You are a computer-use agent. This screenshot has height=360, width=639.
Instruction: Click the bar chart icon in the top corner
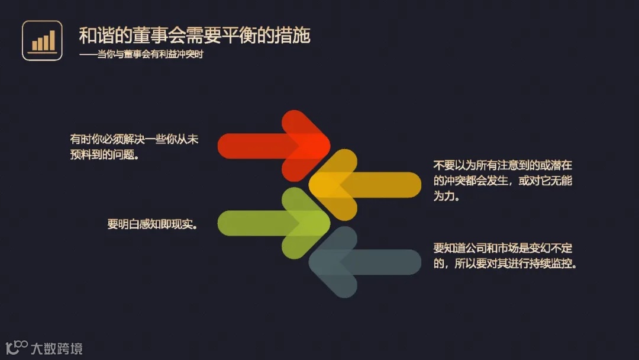42,40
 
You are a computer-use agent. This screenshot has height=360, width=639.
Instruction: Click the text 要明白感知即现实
152,224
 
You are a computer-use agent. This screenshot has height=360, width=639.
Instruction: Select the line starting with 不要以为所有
502,165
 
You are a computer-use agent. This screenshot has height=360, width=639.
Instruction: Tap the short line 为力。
447,196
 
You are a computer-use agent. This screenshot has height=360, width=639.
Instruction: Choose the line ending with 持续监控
505,263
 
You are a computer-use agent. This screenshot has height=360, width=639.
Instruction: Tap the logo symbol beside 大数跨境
17,348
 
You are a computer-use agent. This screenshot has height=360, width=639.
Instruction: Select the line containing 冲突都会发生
502,181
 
